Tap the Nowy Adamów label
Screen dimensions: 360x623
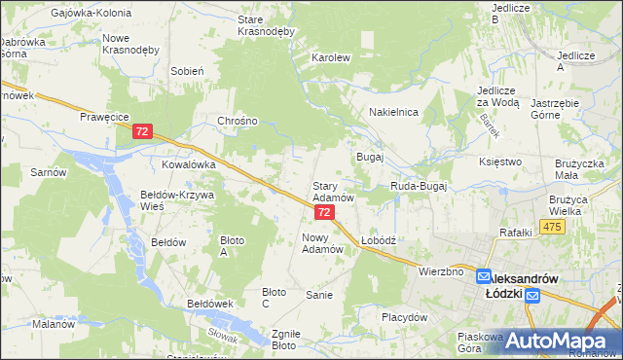324,243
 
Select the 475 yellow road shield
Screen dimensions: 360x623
553,227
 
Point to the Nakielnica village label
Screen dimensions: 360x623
393,112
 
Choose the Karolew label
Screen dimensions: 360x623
330,57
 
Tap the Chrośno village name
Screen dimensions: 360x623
238,122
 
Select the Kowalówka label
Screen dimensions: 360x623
188,165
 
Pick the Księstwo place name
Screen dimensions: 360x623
501,162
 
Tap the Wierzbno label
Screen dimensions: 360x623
440,271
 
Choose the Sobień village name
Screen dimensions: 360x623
186,71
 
